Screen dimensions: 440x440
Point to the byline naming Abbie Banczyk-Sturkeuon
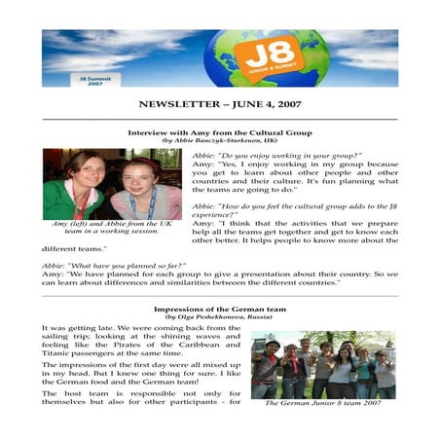click(219, 140)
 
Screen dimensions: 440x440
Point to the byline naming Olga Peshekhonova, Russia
click(219, 318)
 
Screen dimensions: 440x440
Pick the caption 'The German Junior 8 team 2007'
click(323, 400)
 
